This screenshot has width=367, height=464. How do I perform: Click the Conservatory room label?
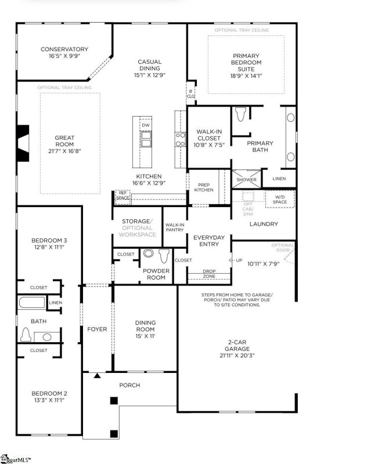coord(64,49)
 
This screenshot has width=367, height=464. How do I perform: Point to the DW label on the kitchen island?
coord(146,125)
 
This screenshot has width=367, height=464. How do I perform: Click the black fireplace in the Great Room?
coord(22,143)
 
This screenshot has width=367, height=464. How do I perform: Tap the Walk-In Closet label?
coord(207,135)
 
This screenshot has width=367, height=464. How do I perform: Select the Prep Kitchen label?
coord(203,187)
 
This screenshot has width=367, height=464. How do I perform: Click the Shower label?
coord(244,180)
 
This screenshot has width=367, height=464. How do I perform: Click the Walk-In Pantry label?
coord(174,227)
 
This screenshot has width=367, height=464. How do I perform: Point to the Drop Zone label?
coord(209,274)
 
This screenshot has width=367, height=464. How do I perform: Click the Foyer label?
coord(97,329)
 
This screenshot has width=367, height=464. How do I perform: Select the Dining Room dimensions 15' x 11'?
coord(145,336)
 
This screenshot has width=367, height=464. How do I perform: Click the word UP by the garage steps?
coord(239,260)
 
